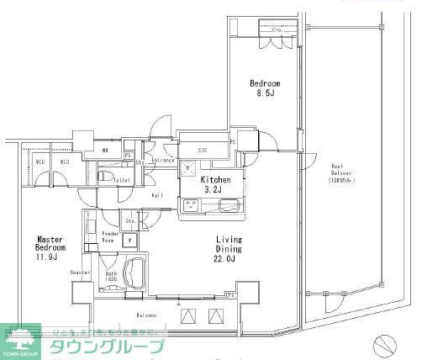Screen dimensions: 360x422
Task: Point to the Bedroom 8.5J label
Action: pos(265,88)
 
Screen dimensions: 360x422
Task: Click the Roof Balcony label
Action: pos(340,172)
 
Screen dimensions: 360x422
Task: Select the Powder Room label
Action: pos(109,237)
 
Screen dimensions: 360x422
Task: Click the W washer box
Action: pos(129,239)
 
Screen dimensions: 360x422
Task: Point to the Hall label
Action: pos(156,196)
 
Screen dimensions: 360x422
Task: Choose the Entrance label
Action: pos(162,160)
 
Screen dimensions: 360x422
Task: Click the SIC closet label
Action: pos(203,151)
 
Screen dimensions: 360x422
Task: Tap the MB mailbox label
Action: pos(103,151)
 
